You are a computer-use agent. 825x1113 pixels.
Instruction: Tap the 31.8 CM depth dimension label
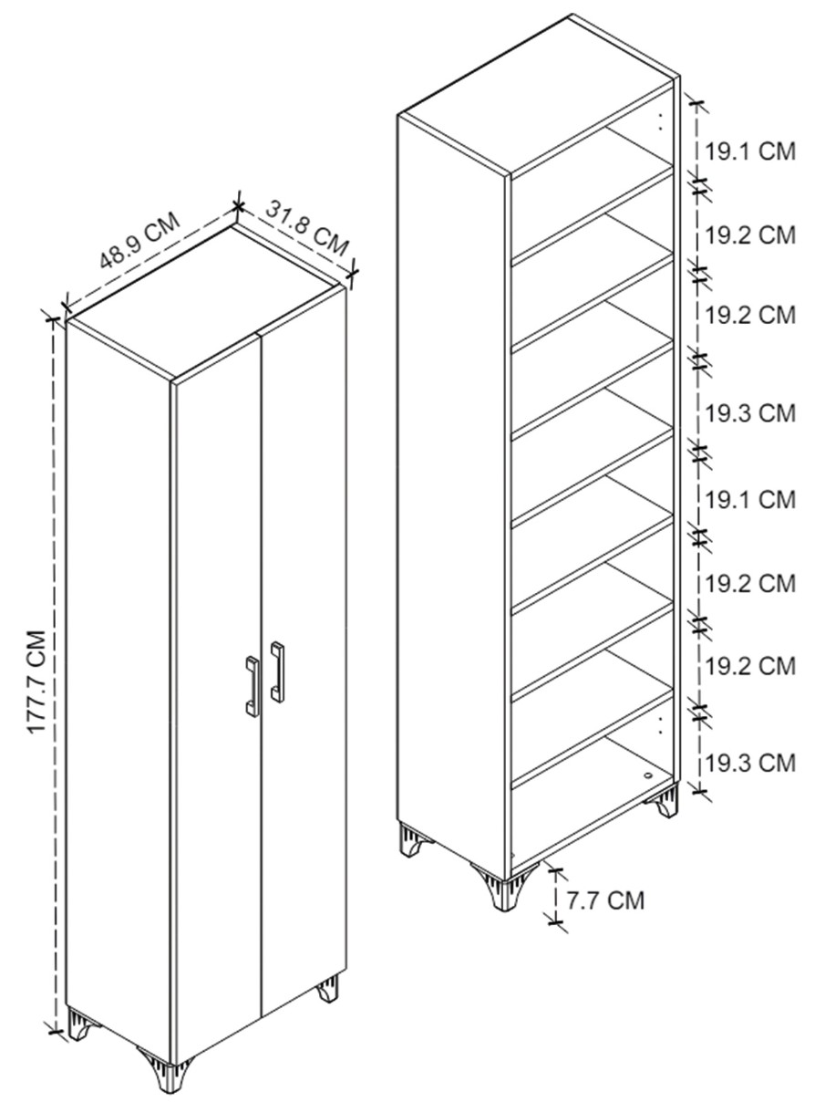307,228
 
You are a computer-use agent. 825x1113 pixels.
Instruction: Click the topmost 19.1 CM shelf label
750,151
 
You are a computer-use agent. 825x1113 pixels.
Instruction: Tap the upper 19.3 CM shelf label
750,413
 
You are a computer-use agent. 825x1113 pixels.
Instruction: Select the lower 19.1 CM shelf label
750,499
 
